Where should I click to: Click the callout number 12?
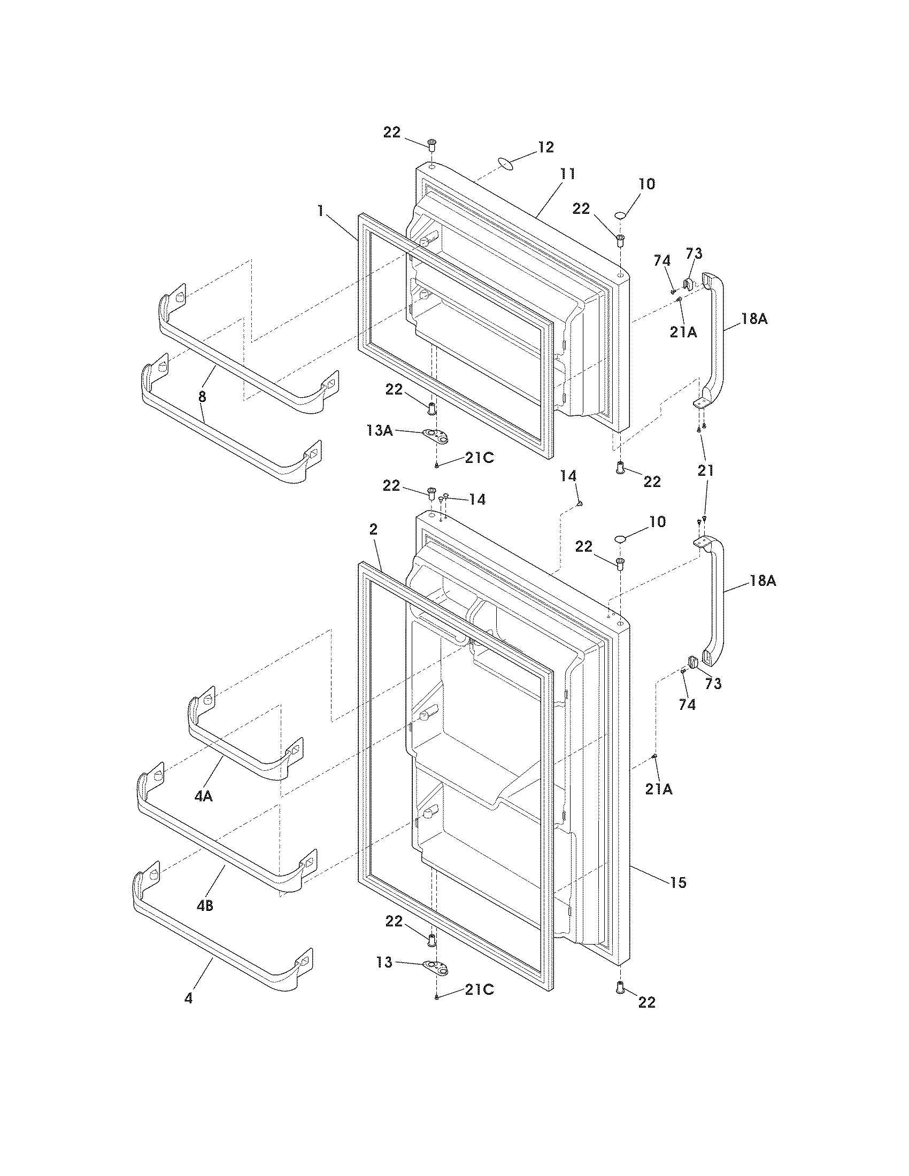pyautogui.click(x=545, y=147)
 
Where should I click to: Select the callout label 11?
pyautogui.click(x=566, y=174)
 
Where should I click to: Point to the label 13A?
pyautogui.click(x=379, y=430)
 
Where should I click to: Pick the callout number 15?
pyautogui.click(x=678, y=882)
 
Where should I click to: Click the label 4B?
pyautogui.click(x=204, y=906)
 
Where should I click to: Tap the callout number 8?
pyautogui.click(x=202, y=397)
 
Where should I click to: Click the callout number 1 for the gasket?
pyautogui.click(x=320, y=211)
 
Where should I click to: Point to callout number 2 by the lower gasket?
pyautogui.click(x=373, y=529)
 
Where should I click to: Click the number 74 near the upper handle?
pyautogui.click(x=662, y=260)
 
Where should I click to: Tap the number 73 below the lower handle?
pyautogui.click(x=713, y=684)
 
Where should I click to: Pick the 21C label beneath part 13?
pyautogui.click(x=479, y=989)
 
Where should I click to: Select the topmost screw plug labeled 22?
pyautogui.click(x=432, y=144)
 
